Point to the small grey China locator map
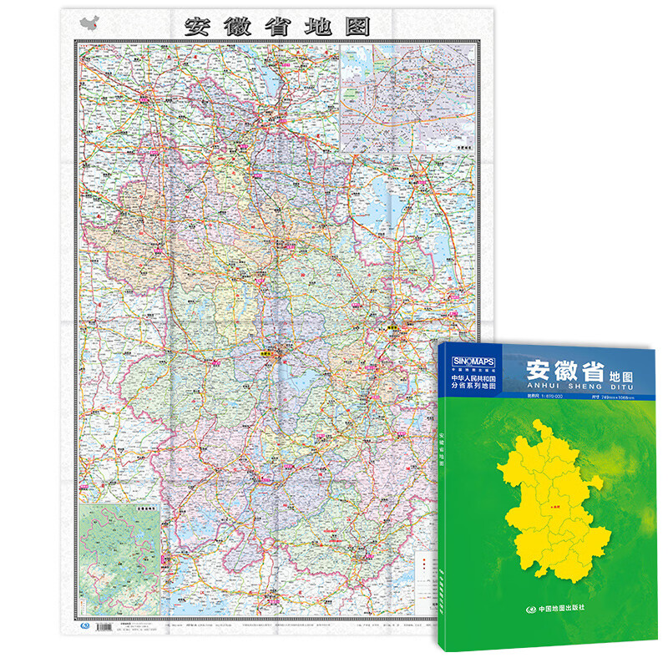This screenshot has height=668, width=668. tap(90, 25)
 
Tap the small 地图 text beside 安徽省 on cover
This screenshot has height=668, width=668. tap(619, 376)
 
